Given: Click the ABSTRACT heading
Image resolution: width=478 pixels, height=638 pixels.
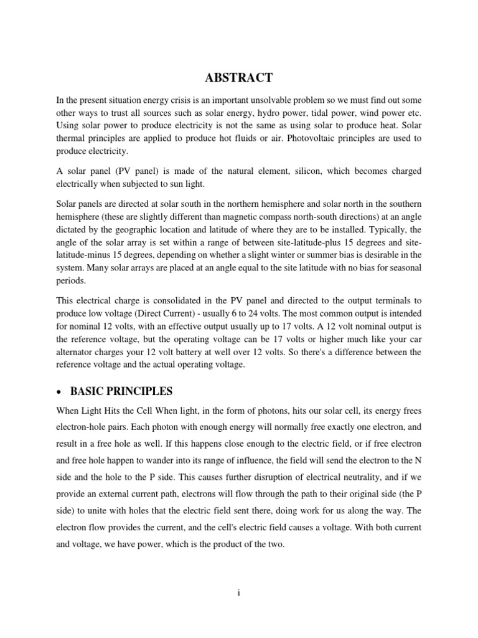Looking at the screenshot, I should tap(239, 78).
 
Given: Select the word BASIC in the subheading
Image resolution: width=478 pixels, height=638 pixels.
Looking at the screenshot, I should tap(89, 392).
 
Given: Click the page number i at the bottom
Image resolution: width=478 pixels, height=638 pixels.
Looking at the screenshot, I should tap(239, 593).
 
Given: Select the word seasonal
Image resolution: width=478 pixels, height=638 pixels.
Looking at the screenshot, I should tap(404, 267).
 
